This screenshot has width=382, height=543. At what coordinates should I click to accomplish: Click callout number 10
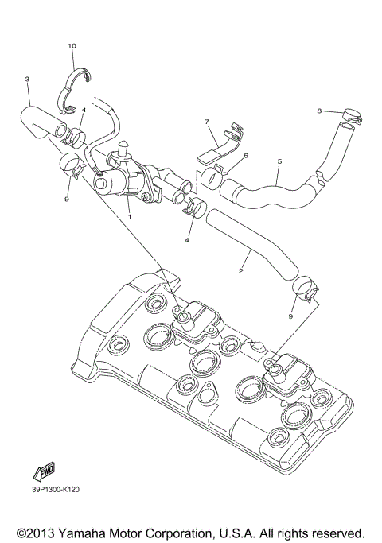72,47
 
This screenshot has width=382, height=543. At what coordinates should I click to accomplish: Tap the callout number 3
27,79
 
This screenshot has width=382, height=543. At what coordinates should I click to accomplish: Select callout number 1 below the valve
129,215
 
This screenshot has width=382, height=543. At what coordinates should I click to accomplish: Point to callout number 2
240,271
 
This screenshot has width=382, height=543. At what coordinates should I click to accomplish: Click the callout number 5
279,161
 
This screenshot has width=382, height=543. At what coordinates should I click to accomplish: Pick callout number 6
245,155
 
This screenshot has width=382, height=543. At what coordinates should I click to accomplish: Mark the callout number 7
206,122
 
